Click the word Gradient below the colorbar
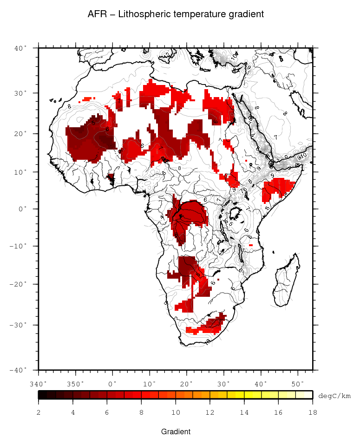point(176,432)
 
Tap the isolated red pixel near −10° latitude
point(251,245)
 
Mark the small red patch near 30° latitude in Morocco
point(87,99)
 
